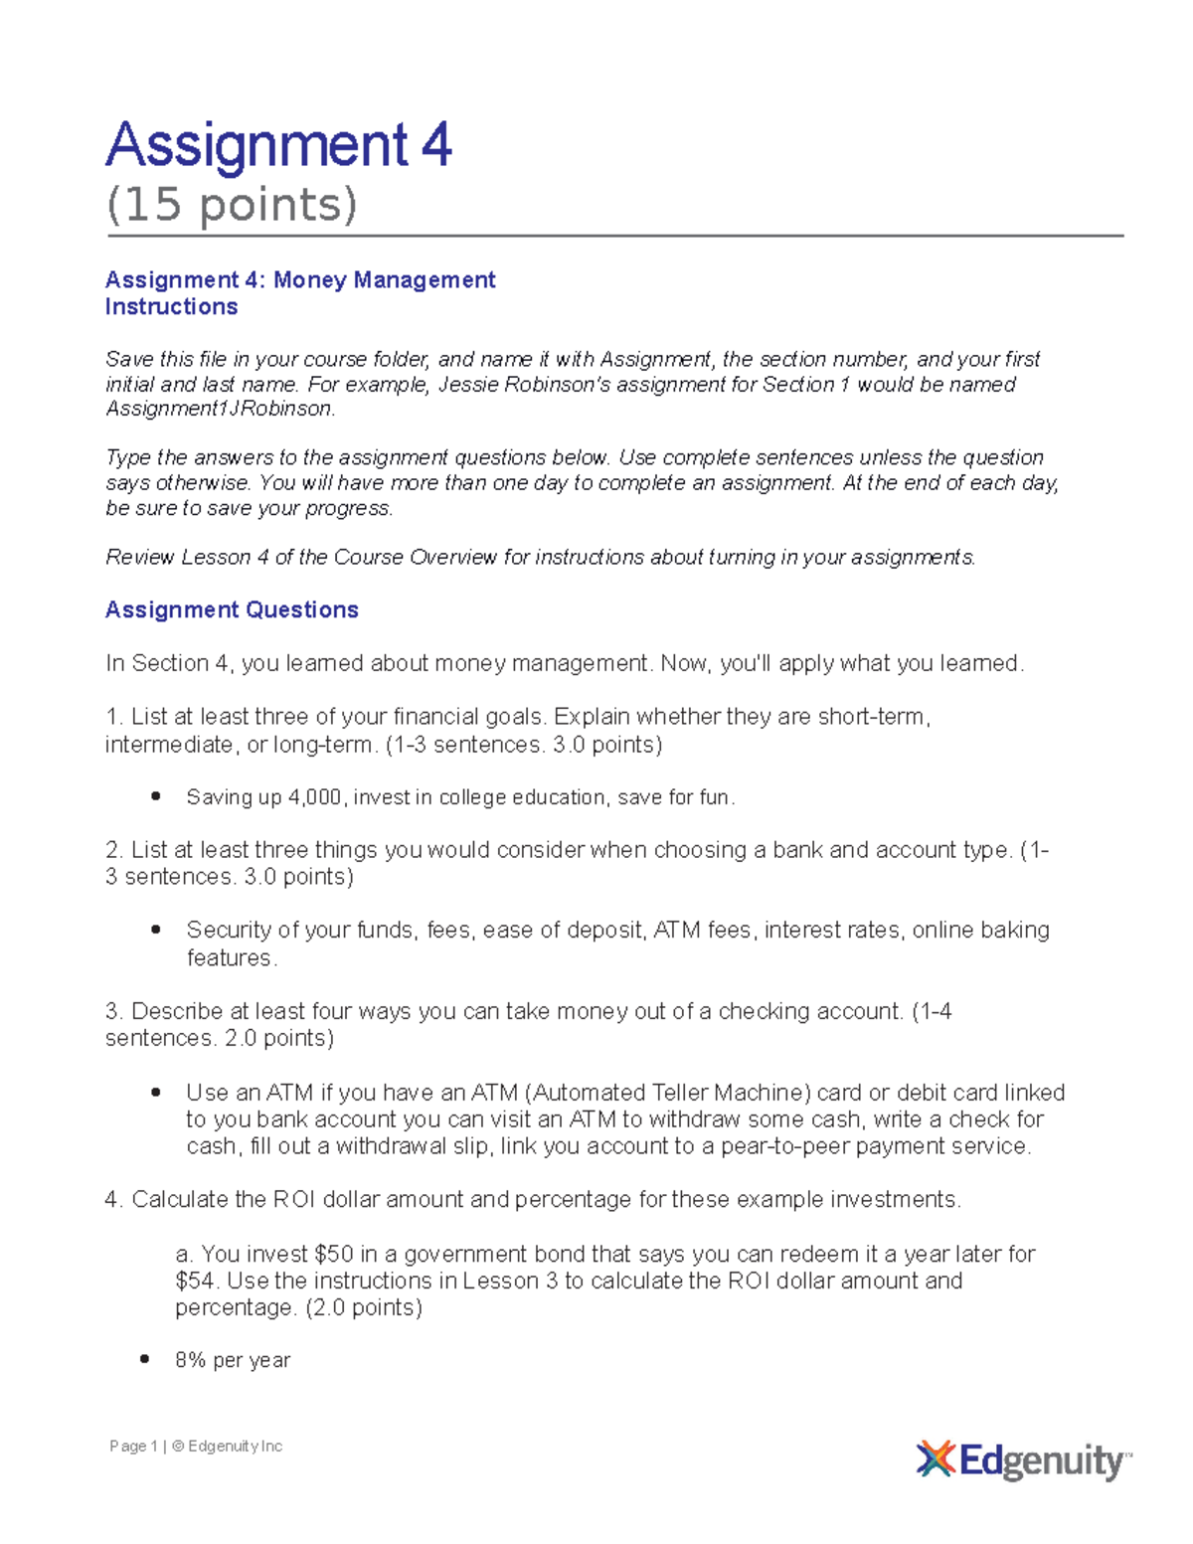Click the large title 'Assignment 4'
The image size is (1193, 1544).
coord(278,145)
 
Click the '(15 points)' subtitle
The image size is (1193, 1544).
coord(231,205)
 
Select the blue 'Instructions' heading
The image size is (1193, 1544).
coord(171,307)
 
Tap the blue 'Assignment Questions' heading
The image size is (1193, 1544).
coord(232,610)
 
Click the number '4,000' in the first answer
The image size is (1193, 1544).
coord(315,797)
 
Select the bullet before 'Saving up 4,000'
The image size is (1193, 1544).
coord(156,796)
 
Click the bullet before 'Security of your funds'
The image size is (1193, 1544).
coord(156,930)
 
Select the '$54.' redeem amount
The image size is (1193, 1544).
coord(197,1281)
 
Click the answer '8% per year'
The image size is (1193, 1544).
coord(233,1360)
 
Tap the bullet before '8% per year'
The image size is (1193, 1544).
coord(145,1359)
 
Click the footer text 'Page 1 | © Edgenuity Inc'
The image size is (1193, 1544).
coord(196,1447)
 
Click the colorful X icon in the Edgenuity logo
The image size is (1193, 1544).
coord(935,1459)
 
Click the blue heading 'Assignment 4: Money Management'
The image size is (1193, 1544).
coord(300,280)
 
